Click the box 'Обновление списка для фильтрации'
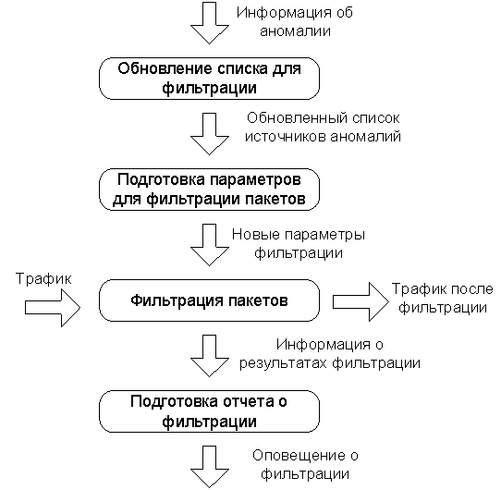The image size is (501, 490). tap(209, 79)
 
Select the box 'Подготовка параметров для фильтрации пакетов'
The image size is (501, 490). tap(209, 190)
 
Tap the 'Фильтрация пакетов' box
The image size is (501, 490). tap(209, 300)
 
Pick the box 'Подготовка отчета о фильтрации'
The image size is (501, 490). tap(209, 411)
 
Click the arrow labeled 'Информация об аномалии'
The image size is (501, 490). tap(210, 22)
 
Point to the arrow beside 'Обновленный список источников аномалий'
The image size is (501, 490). tap(210, 134)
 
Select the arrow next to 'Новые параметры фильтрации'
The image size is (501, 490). tap(210, 244)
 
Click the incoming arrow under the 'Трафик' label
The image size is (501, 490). tap(53, 308)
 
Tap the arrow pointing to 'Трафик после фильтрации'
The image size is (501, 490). tap(361, 301)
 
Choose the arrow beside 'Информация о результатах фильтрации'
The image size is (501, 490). tap(210, 355)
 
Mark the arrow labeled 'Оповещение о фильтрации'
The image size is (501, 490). tap(210, 467)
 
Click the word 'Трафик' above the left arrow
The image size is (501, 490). tap(43, 279)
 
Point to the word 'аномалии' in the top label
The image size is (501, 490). tap(295, 31)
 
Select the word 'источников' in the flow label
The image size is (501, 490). tap(286, 137)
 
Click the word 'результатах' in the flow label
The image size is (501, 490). tap(284, 363)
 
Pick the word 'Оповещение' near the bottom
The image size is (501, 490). tap(299, 456)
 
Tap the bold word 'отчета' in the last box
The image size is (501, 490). tap(248, 402)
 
